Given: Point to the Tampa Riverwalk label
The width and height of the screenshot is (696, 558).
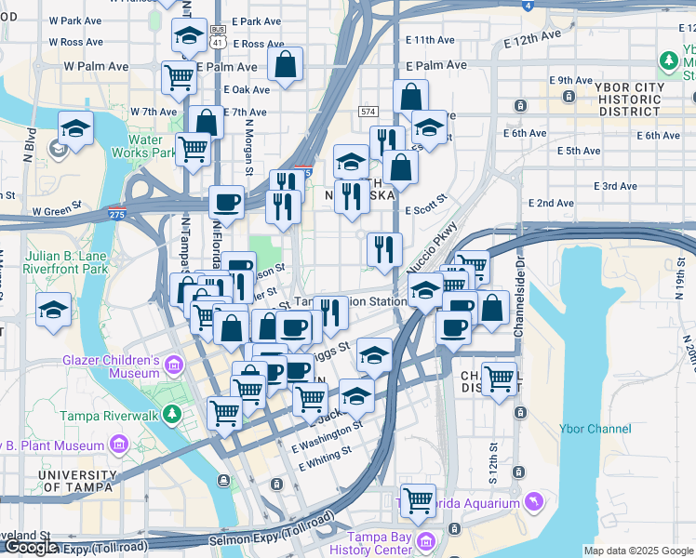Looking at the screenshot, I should coord(110,416).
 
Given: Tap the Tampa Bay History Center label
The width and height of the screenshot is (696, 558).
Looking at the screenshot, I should coord(380,542).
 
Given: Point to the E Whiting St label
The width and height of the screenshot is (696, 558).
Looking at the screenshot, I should coord(321,452).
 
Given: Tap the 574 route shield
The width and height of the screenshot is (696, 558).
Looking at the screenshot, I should coord(368,112).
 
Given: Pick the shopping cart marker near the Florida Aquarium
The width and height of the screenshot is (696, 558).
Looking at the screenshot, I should coord(418,499).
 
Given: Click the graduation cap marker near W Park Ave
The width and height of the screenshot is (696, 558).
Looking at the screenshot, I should coord(189,36).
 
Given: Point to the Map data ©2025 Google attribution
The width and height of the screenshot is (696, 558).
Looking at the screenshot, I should coord(638,551).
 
